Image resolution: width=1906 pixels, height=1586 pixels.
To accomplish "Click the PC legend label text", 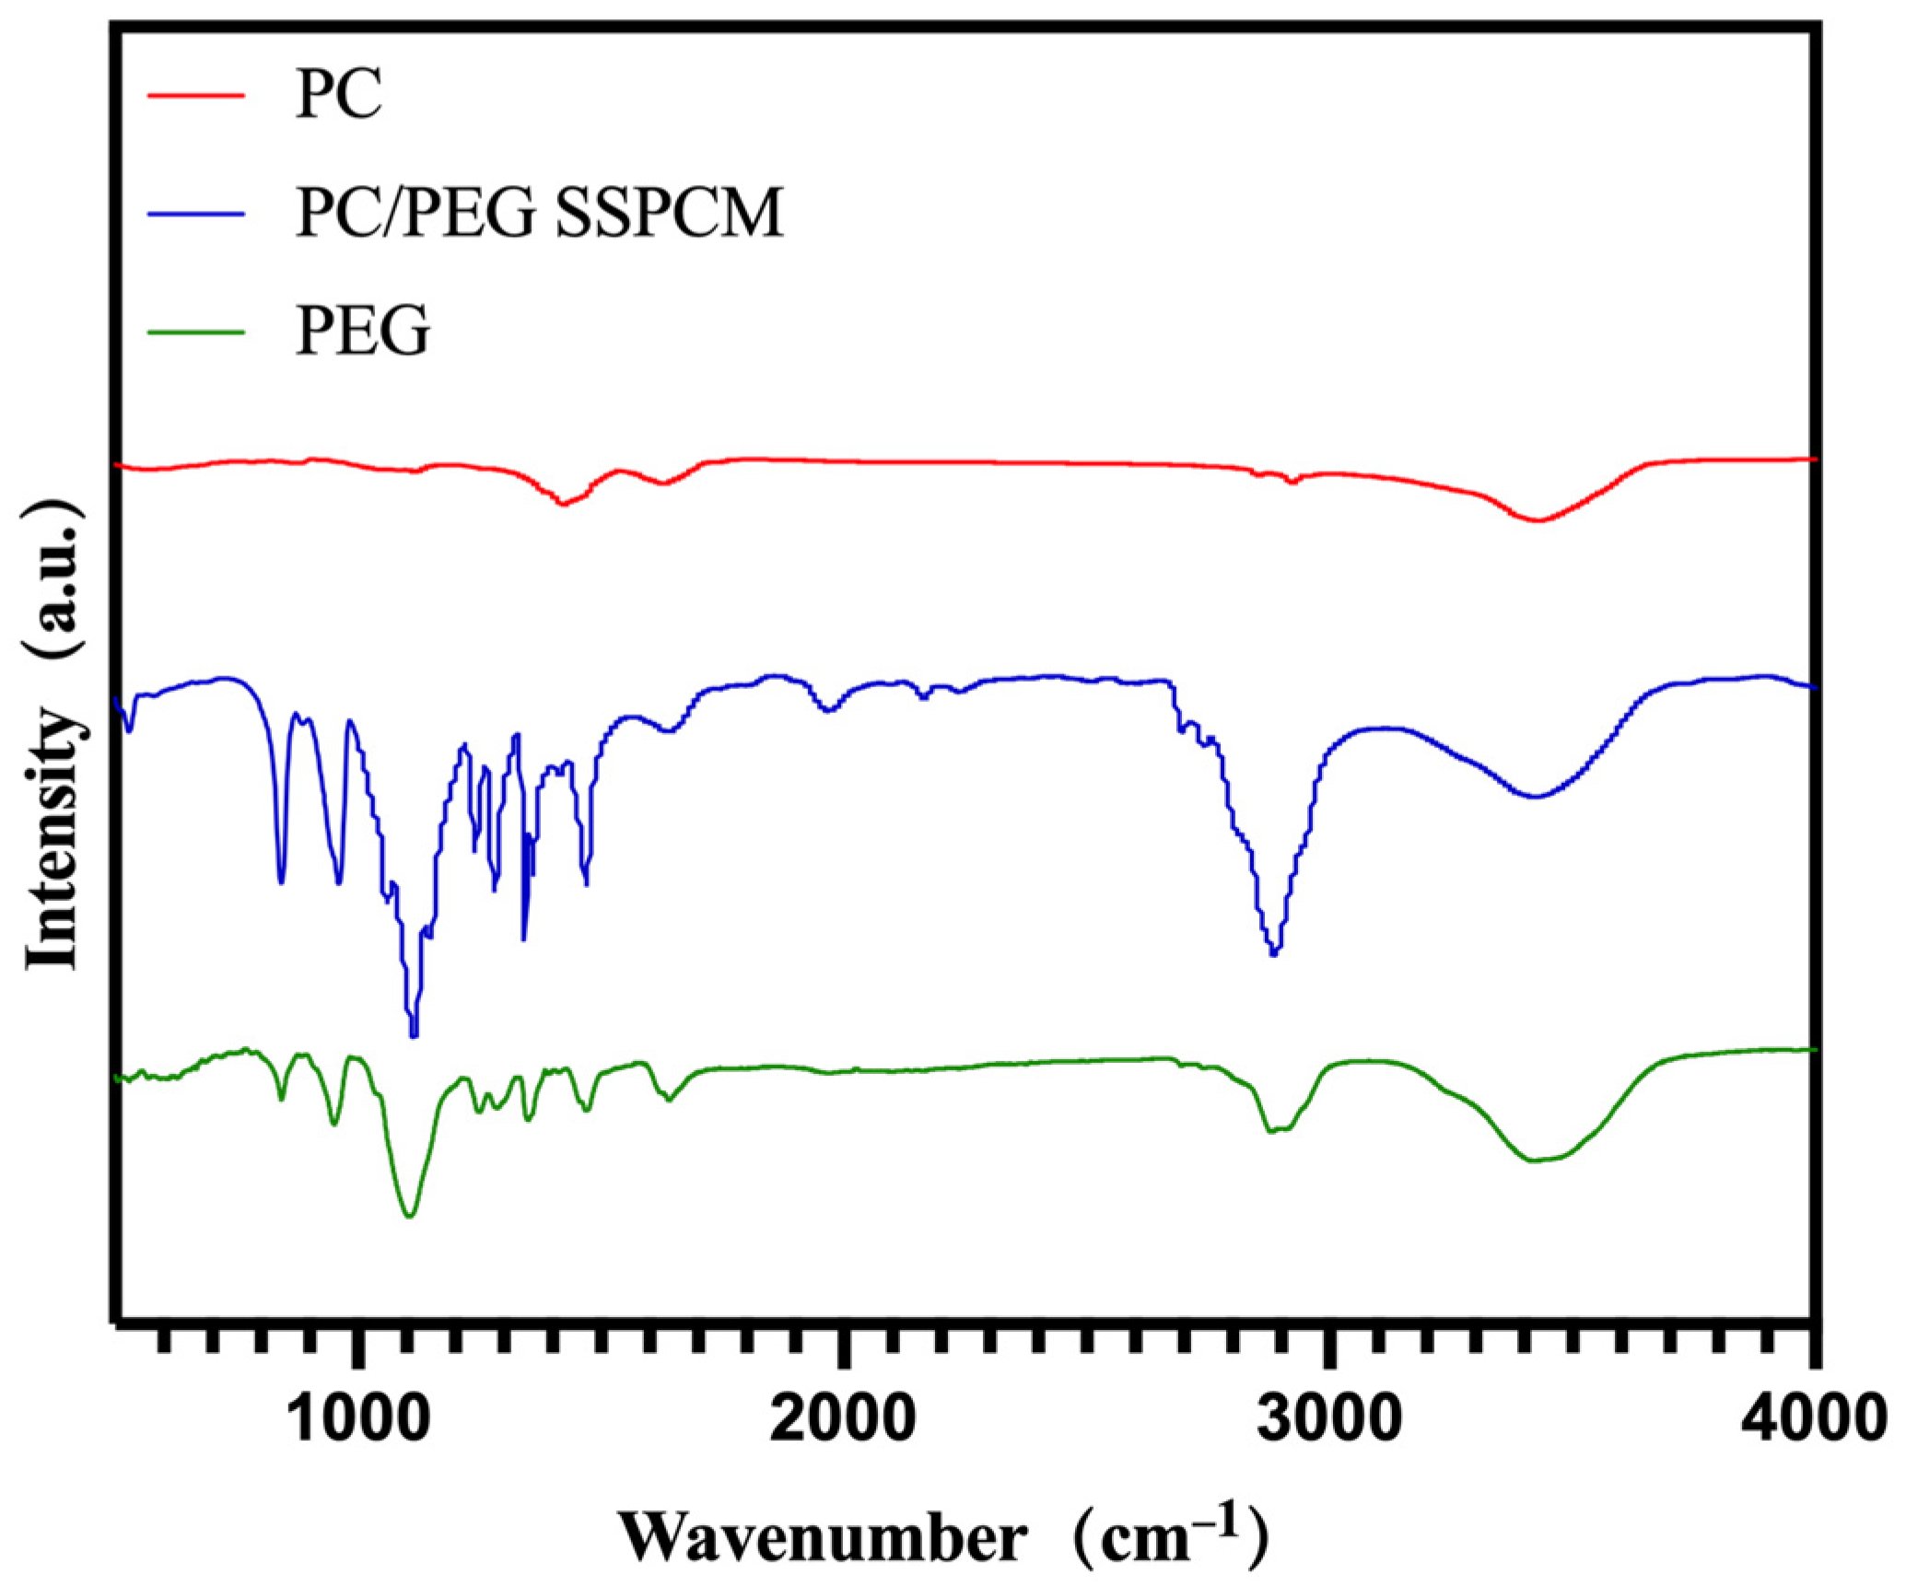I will pos(337,95).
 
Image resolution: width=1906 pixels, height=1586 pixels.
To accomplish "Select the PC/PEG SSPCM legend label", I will pos(539,213).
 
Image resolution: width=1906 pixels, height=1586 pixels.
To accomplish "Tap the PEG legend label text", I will pos(362,331).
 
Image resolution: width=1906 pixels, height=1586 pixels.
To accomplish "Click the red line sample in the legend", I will pos(196,95).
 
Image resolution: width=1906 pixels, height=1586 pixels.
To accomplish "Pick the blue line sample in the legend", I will pos(196,213).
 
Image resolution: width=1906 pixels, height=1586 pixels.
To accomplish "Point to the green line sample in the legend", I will pos(196,331).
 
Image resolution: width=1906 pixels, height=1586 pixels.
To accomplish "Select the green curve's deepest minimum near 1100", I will pos(410,1217).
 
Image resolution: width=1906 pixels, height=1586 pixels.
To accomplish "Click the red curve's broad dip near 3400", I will pos(1537,520).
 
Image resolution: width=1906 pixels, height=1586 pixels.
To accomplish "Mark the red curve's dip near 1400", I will pos(563,504).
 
